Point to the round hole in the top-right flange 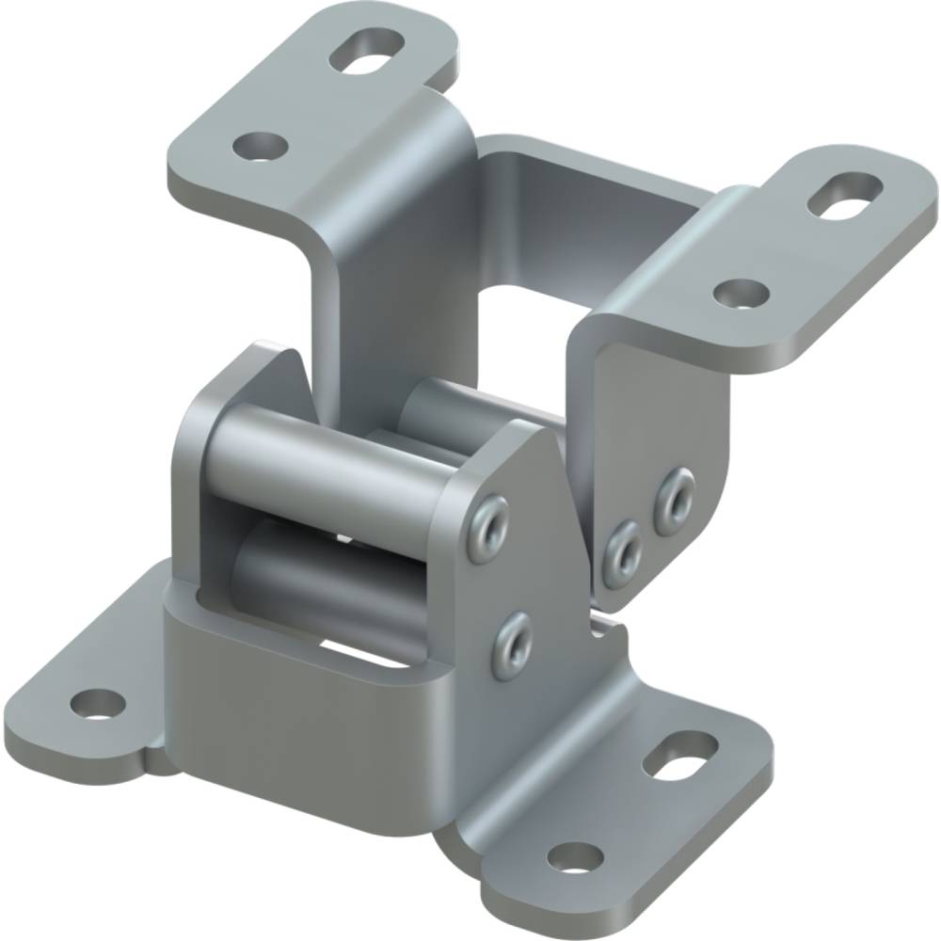point(740,293)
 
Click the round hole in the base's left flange point(98,702)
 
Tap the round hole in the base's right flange point(574,857)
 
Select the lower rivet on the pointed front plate point(514,645)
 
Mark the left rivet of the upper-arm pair point(622,551)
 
